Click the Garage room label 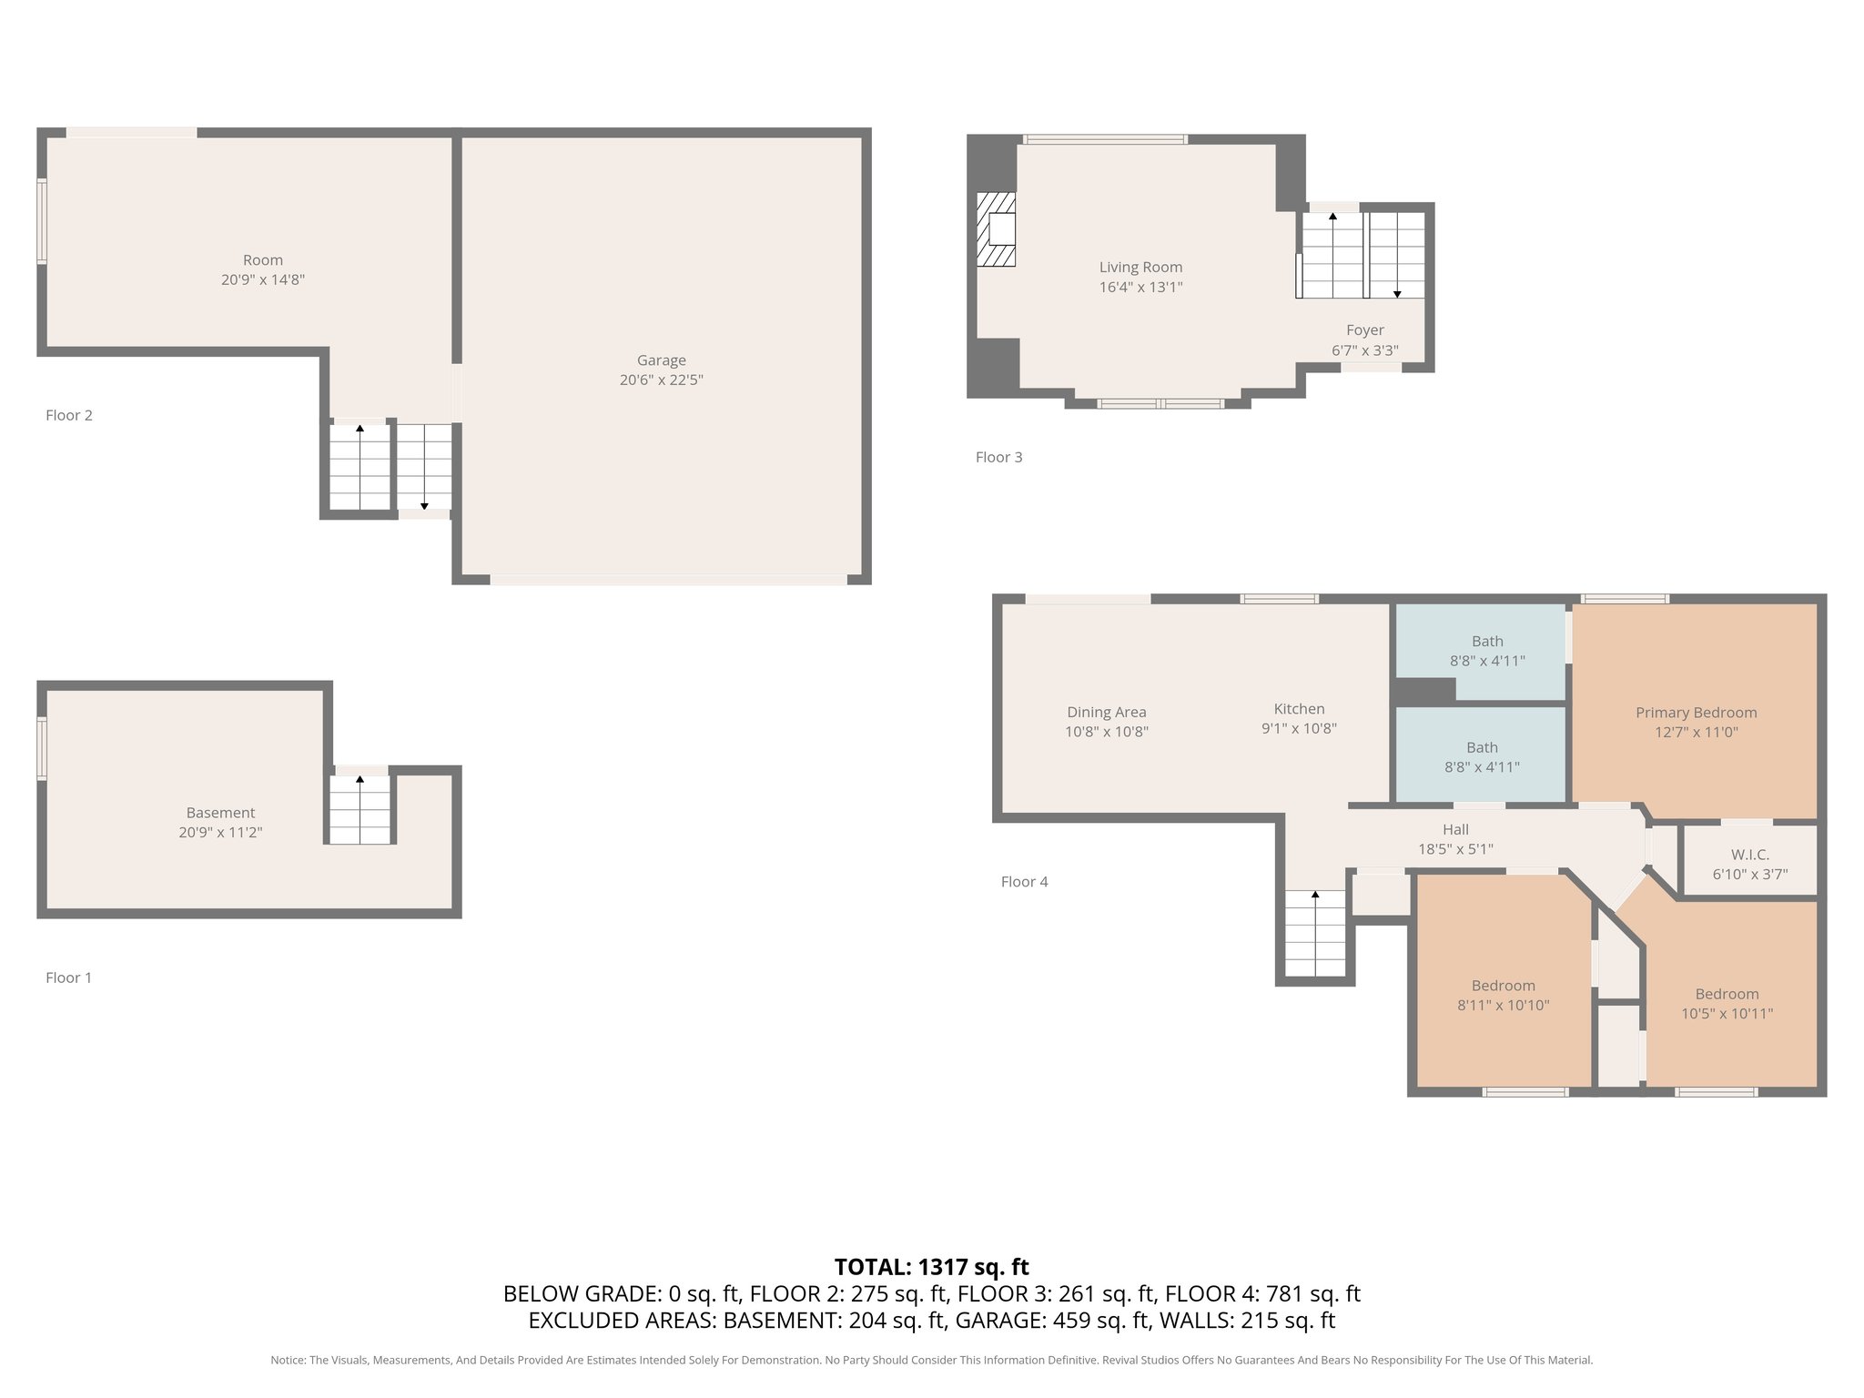point(662,360)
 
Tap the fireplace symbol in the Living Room point(996,229)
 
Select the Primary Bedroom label point(1696,713)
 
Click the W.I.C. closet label point(1749,855)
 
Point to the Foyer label point(1365,330)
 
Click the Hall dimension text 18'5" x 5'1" point(1455,849)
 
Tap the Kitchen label point(1299,709)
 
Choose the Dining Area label point(1107,713)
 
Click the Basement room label point(220,813)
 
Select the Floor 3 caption point(998,457)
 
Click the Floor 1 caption point(68,978)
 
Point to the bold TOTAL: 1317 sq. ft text point(931,1267)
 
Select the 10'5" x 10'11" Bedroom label point(1727,1004)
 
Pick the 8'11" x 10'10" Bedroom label point(1503,996)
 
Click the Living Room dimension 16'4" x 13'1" point(1140,288)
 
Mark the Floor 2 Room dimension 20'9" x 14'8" point(262,280)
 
